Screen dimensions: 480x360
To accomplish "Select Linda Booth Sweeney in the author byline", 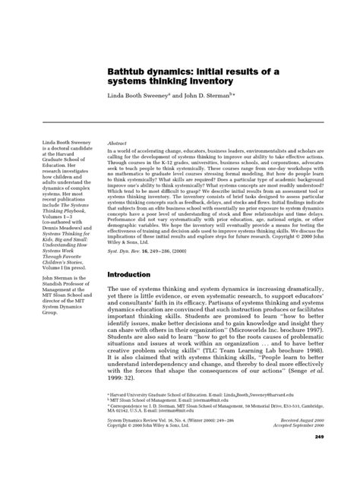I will (x=137, y=98).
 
